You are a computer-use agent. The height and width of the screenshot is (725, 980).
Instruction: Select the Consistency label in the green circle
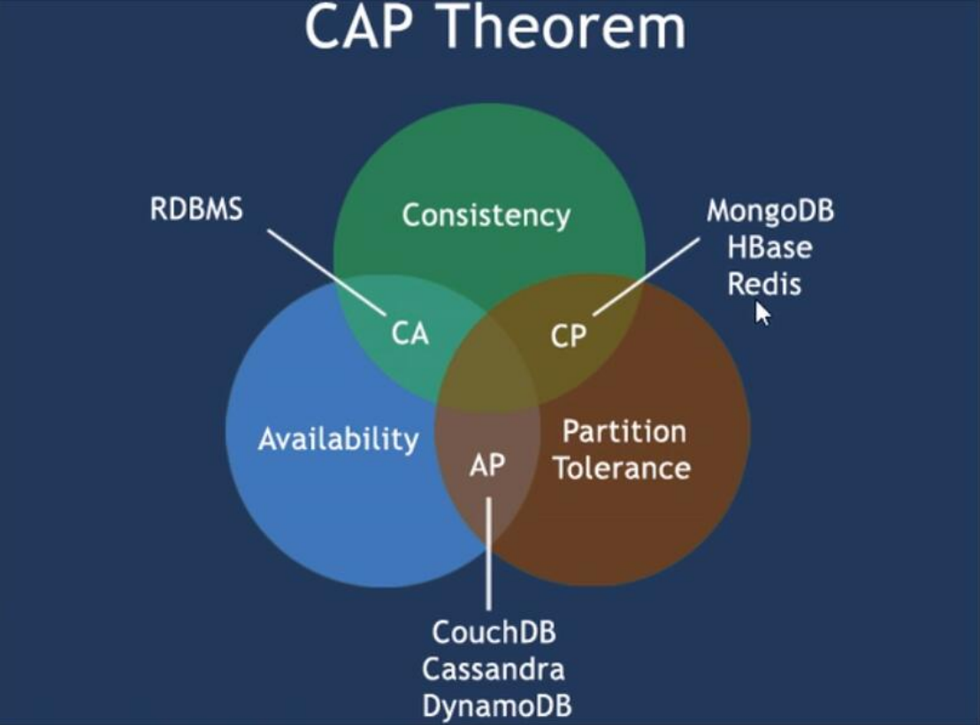click(x=486, y=215)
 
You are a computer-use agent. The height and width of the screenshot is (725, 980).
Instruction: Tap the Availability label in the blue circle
click(x=338, y=439)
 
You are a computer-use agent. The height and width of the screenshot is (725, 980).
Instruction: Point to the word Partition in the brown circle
click(x=624, y=431)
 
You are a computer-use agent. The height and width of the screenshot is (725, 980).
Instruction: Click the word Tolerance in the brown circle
click(x=622, y=468)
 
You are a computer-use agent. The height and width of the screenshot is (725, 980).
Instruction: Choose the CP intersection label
click(x=568, y=336)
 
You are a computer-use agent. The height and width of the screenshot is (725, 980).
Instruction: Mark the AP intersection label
click(x=486, y=465)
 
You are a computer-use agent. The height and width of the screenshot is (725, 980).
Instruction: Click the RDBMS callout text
click(x=196, y=210)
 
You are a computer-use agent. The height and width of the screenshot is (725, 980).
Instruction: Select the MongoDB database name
click(x=770, y=211)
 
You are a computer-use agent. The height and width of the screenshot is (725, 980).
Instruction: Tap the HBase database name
click(x=769, y=248)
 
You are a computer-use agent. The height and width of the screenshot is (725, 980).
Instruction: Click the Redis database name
click(x=763, y=284)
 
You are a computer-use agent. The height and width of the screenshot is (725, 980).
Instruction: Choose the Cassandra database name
click(x=493, y=669)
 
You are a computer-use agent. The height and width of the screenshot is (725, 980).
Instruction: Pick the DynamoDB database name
click(x=496, y=706)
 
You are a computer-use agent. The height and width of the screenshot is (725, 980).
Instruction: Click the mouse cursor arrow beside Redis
click(x=762, y=313)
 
